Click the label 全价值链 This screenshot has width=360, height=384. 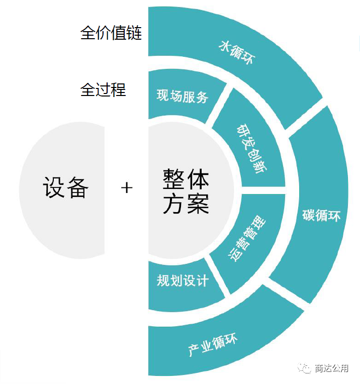[111, 34]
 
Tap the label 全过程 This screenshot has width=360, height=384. [103, 90]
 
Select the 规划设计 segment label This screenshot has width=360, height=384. [182, 280]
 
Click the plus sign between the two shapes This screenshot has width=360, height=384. [127, 188]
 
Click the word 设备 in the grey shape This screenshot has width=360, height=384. [65, 187]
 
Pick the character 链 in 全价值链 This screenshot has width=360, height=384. [134, 34]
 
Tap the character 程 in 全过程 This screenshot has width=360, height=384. [119, 90]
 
